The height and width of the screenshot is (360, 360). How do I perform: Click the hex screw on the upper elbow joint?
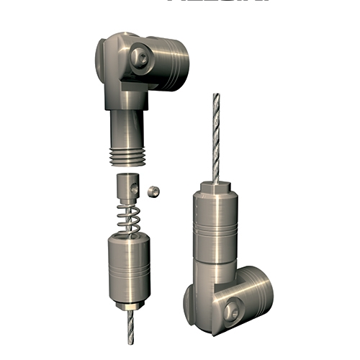[140, 58]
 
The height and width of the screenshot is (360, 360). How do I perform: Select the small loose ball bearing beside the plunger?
[153, 191]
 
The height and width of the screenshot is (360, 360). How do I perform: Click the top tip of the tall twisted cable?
[215, 96]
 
